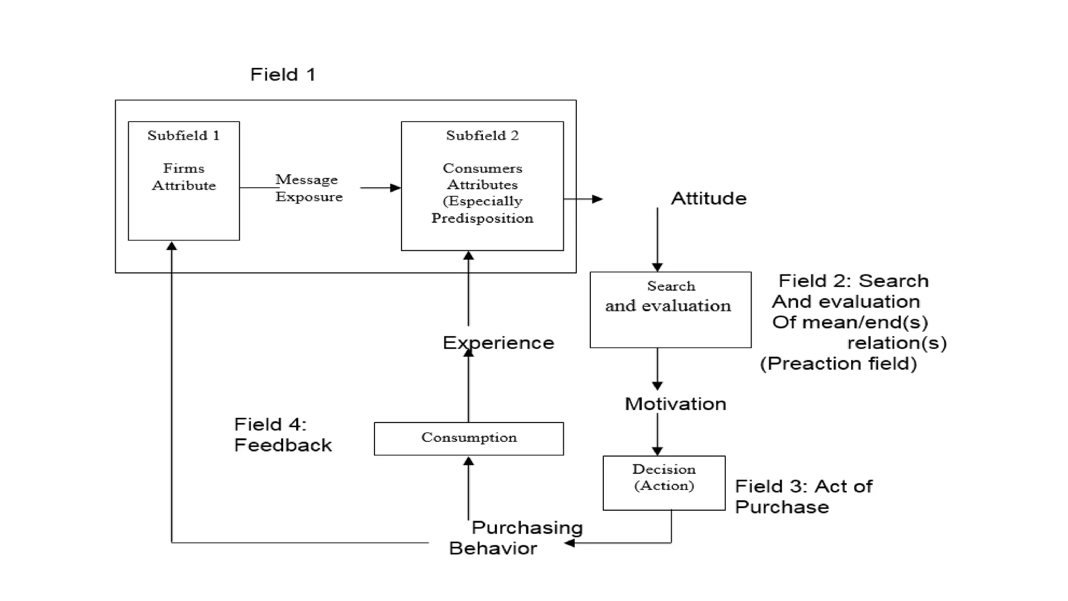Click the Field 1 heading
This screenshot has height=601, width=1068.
coord(283,75)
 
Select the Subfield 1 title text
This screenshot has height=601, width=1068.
coord(184,136)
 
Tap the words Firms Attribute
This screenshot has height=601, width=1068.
coord(184,177)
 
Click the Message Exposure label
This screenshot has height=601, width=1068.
coord(309,188)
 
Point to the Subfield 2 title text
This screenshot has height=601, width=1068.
coord(482,136)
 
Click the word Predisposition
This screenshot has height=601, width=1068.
coord(482,218)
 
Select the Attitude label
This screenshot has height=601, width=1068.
coord(708,199)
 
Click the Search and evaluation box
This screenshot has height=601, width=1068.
coord(670,310)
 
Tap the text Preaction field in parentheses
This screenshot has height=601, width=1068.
coord(838,364)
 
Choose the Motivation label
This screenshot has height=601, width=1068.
coord(675,404)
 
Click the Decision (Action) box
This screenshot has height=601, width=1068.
coord(664,483)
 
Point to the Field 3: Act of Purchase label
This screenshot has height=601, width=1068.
coord(803,497)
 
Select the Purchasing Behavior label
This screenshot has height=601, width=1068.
coord(516,538)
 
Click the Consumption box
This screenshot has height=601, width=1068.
coord(469,438)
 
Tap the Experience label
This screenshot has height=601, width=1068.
coord(498,343)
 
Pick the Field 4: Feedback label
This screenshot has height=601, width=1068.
coord(283,435)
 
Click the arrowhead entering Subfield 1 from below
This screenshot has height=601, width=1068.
coord(172,246)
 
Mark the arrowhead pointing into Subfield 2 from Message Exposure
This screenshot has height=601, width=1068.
coord(396,188)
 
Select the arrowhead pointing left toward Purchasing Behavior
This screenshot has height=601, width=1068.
coord(569,543)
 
